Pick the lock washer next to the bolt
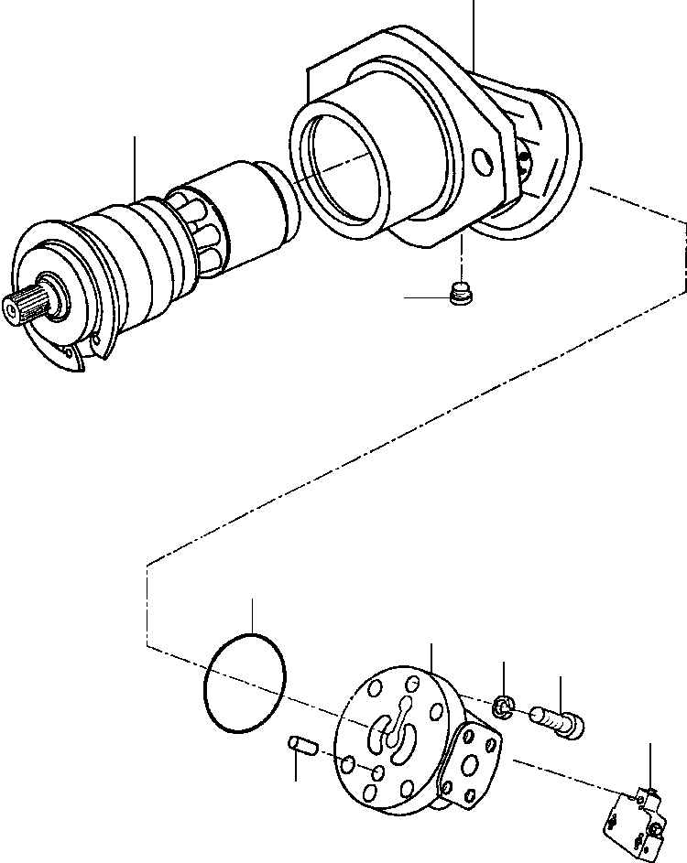click(503, 706)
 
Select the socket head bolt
click(558, 722)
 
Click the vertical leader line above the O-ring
click(253, 615)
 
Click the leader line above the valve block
click(649, 764)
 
